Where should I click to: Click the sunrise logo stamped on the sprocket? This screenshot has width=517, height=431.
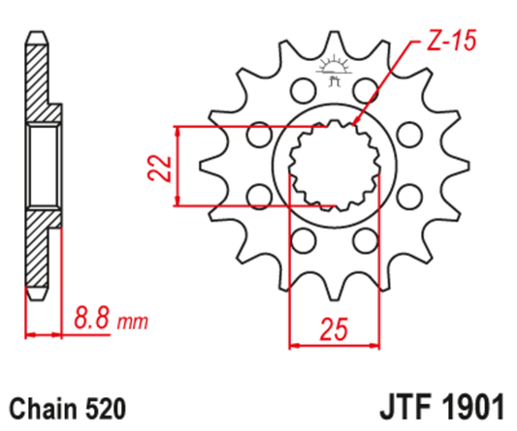click(x=333, y=70)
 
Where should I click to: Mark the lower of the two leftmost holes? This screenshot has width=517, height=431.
click(x=258, y=197)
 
